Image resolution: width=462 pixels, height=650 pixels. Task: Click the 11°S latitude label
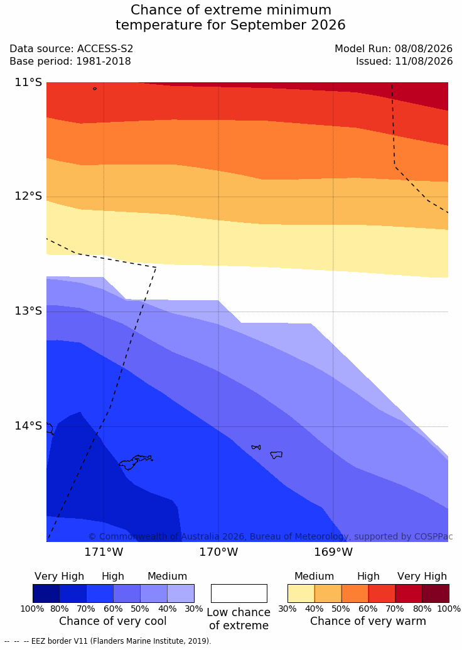coord(29,82)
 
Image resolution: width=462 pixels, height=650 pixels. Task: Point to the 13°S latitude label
coord(29,311)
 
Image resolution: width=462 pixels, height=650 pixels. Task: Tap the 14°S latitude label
coord(29,426)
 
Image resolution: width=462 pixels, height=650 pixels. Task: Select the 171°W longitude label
coord(104,552)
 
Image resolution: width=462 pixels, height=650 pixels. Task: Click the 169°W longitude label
coord(333,552)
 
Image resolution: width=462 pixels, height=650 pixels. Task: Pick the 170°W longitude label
coord(219,552)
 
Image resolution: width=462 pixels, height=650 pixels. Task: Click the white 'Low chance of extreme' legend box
coord(239,593)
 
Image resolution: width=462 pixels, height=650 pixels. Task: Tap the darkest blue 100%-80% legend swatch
coord(46,593)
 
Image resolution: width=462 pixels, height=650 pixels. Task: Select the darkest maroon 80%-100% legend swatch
coord(436,593)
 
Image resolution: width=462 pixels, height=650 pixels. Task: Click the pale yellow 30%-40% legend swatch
coord(301,593)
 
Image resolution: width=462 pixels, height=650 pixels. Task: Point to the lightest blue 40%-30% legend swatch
coord(181,593)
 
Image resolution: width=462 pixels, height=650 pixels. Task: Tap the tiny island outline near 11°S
coord(95,89)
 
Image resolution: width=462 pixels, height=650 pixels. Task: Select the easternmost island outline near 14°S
coord(276,455)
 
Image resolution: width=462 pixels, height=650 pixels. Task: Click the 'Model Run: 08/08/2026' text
coord(394,48)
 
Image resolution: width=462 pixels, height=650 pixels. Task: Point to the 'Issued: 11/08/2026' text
coord(404,62)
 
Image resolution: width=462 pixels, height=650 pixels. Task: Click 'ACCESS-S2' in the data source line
coord(105,48)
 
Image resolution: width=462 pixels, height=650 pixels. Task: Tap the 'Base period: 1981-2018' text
coord(70,62)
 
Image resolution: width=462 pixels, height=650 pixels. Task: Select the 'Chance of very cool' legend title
coord(113,621)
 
